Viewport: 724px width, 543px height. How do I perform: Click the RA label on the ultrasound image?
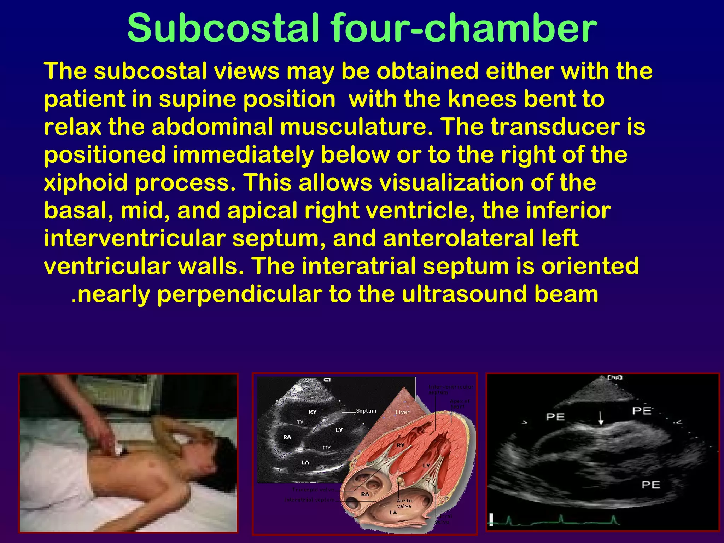[x=287, y=437]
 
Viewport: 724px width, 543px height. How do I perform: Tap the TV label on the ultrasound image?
[x=300, y=422]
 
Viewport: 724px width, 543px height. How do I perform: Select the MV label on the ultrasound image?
[x=327, y=448]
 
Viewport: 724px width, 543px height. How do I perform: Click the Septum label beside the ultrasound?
[x=366, y=411]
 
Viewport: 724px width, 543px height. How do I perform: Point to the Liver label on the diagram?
[x=402, y=412]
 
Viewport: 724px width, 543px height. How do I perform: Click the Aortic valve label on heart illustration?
[x=405, y=503]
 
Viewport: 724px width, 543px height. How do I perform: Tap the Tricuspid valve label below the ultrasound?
[x=313, y=490]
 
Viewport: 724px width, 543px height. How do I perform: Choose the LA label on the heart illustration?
[x=393, y=513]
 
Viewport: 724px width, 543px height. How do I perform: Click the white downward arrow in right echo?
[x=601, y=419]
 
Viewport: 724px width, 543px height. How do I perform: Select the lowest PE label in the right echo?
[x=651, y=485]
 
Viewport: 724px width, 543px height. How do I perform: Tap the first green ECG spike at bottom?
[x=509, y=520]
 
